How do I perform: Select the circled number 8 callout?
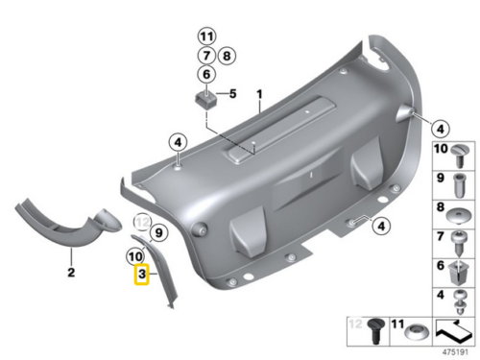[x=227, y=55]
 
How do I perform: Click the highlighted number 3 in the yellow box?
[x=141, y=276]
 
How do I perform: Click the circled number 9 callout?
[x=158, y=232]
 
